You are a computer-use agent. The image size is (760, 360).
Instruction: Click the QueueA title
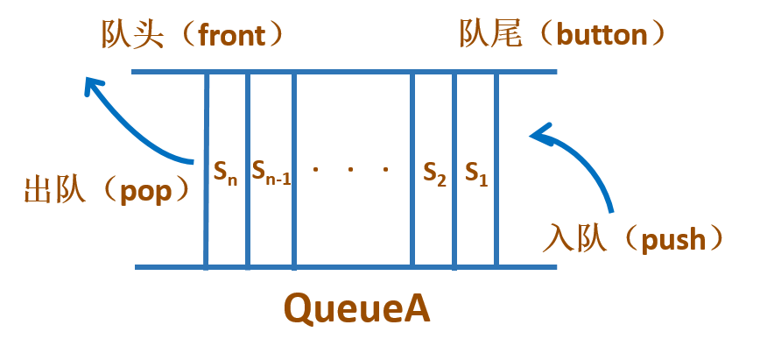357,308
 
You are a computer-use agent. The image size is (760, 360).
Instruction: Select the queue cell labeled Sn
226,173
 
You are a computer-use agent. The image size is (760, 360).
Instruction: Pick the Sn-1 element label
271,173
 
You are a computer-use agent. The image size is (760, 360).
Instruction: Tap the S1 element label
475,173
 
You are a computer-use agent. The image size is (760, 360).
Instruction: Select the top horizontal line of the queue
343,72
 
